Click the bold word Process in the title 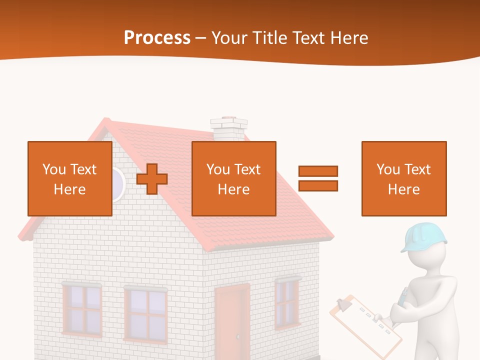click(157, 38)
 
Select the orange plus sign click(152, 179)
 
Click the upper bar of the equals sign click(318, 171)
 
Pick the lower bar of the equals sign click(318, 186)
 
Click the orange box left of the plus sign click(69, 178)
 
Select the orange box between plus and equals click(233, 178)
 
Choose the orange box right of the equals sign click(403, 178)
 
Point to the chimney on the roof click(229, 128)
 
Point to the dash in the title click(201, 38)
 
